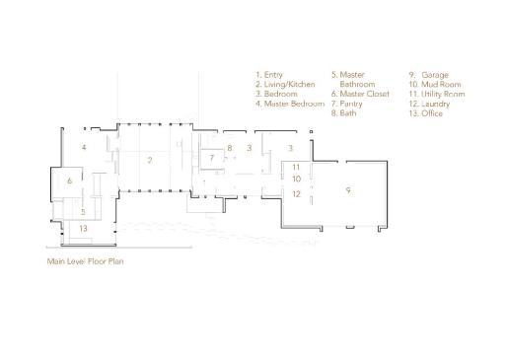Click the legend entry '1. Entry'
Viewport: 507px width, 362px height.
tap(269, 75)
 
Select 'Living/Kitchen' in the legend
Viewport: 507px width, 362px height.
tap(285, 85)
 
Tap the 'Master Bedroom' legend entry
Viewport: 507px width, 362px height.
tap(290, 104)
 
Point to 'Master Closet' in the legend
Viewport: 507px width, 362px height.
tap(360, 94)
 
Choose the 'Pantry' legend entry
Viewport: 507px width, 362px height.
tap(347, 104)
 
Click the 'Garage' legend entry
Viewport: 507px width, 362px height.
tap(429, 75)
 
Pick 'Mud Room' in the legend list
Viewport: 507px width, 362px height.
tap(435, 85)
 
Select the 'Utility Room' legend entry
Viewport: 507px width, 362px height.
tap(437, 95)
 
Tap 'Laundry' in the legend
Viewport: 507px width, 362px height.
tap(429, 104)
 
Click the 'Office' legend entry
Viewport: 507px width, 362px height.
tap(426, 113)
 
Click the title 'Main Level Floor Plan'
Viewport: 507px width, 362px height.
tap(85, 261)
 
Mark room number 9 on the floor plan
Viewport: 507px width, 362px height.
tap(348, 190)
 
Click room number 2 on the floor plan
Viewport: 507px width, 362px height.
tap(150, 160)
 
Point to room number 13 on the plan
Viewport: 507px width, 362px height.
tap(83, 228)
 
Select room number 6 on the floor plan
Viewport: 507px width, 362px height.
tap(69, 181)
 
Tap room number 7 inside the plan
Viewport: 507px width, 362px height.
tap(212, 158)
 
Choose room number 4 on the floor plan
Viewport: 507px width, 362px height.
tap(84, 147)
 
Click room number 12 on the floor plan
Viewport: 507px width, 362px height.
tap(296, 194)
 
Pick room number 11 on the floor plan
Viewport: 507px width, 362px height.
tap(296, 167)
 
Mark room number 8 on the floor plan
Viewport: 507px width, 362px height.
tap(230, 148)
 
